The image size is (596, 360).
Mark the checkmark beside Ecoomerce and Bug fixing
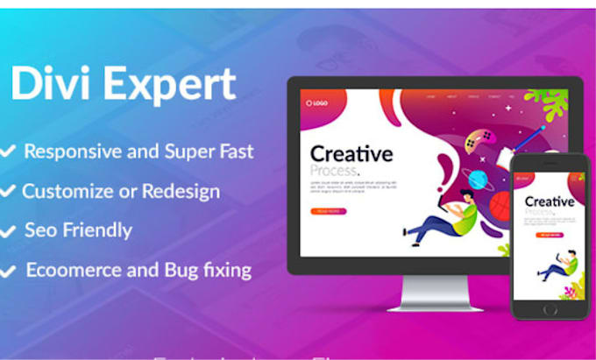pyautogui.click(x=8, y=272)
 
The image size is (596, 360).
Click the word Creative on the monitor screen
pyautogui.click(x=351, y=155)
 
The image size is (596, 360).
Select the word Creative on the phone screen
pyautogui.click(x=550, y=202)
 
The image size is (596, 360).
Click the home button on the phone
pyautogui.click(x=549, y=309)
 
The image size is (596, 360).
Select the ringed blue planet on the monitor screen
pyautogui.click(x=478, y=180)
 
